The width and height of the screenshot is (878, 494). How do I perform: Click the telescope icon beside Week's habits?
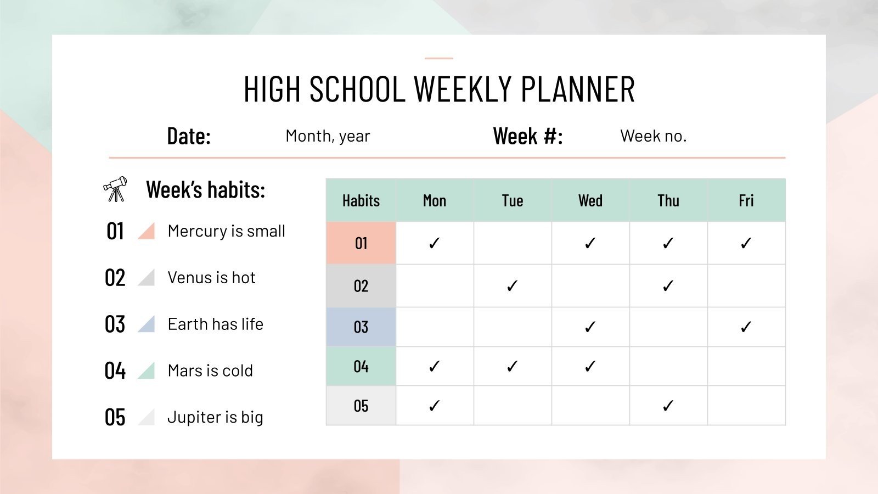tap(115, 189)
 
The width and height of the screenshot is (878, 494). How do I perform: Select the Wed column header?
tap(590, 201)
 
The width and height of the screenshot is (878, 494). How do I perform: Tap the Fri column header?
tap(746, 201)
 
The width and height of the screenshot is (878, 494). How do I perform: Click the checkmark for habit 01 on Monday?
tap(434, 243)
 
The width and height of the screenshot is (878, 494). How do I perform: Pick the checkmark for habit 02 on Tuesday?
tap(512, 286)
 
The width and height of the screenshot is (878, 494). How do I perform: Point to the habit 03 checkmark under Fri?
tap(746, 327)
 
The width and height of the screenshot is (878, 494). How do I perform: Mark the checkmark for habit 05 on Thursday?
tap(668, 406)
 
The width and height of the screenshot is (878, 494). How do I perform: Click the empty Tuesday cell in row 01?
tap(512, 243)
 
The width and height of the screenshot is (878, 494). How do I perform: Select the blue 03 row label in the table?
tap(361, 327)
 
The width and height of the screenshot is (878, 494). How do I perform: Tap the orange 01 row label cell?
tap(361, 243)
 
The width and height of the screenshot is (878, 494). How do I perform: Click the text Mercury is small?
tap(226, 231)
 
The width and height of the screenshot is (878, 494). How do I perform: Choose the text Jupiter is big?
tap(215, 418)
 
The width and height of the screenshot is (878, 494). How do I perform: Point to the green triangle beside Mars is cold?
tap(147, 370)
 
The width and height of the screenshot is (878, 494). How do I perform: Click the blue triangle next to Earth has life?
tap(147, 324)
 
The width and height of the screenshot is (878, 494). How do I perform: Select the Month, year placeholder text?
tap(328, 136)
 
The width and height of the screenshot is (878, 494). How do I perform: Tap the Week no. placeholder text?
tap(653, 136)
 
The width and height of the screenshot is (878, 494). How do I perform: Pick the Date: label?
tap(189, 136)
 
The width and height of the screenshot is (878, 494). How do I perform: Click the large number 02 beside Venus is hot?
tap(115, 278)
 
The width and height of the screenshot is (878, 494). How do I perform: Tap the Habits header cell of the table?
tap(361, 201)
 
